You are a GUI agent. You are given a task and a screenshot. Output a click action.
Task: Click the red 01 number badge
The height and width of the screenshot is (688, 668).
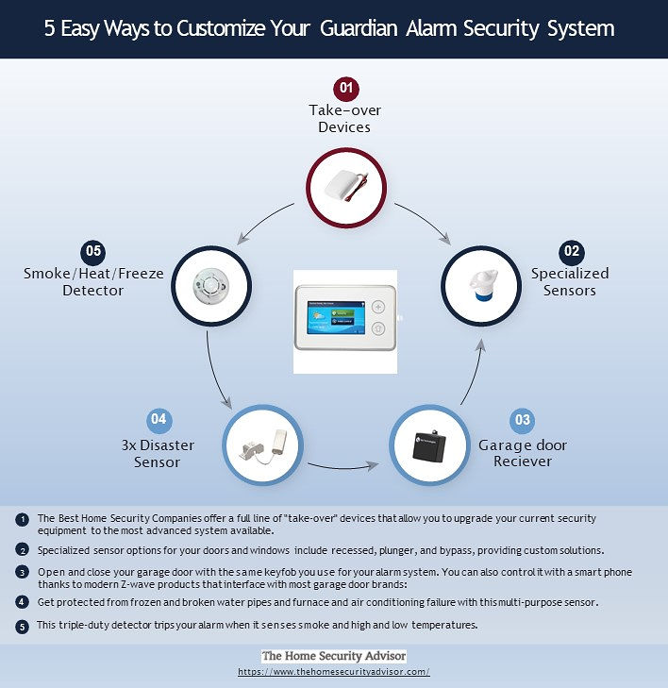point(346,88)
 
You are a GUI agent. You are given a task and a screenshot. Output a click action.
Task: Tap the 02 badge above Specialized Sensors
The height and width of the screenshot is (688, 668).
point(571,251)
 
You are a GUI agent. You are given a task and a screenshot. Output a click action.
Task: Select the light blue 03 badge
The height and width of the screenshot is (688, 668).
point(522,420)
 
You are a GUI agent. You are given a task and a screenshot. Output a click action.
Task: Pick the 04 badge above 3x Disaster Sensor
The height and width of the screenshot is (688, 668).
point(159,419)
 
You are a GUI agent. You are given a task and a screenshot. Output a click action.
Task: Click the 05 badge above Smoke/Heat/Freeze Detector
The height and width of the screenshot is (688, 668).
point(93,251)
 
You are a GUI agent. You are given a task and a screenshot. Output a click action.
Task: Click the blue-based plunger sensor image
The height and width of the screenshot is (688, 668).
point(482,285)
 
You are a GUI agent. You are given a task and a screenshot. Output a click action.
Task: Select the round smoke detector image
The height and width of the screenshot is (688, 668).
point(211,285)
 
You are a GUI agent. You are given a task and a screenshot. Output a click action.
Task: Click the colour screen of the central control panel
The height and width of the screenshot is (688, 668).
point(336,317)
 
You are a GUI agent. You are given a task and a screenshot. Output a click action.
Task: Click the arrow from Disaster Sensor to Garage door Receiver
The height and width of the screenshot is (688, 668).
point(343,467)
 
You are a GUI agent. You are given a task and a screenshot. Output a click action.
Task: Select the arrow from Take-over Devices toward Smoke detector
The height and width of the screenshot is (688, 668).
point(264,220)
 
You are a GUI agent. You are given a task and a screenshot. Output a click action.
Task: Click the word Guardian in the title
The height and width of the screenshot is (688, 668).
point(359,28)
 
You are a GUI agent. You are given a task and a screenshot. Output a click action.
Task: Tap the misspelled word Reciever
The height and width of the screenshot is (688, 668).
point(523,461)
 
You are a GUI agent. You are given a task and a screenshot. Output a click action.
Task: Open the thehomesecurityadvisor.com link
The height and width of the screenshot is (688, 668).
point(334,672)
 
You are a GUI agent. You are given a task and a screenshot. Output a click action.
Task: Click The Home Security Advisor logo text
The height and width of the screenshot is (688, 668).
point(334,656)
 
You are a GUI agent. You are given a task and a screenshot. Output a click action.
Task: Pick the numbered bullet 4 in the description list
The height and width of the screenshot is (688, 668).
point(22,602)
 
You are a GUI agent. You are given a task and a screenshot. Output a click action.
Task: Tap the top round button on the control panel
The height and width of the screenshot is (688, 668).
point(378,307)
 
